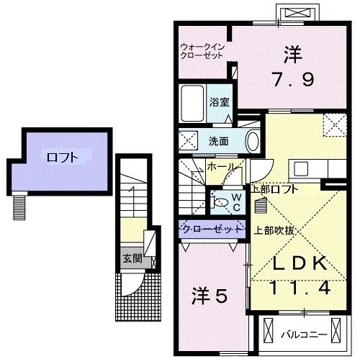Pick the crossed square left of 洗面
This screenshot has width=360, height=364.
click(189, 140)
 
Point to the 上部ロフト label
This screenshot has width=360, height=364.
click(269, 188)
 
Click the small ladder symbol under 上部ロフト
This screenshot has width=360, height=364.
click(259, 206)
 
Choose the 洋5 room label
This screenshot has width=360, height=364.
click(211, 296)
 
